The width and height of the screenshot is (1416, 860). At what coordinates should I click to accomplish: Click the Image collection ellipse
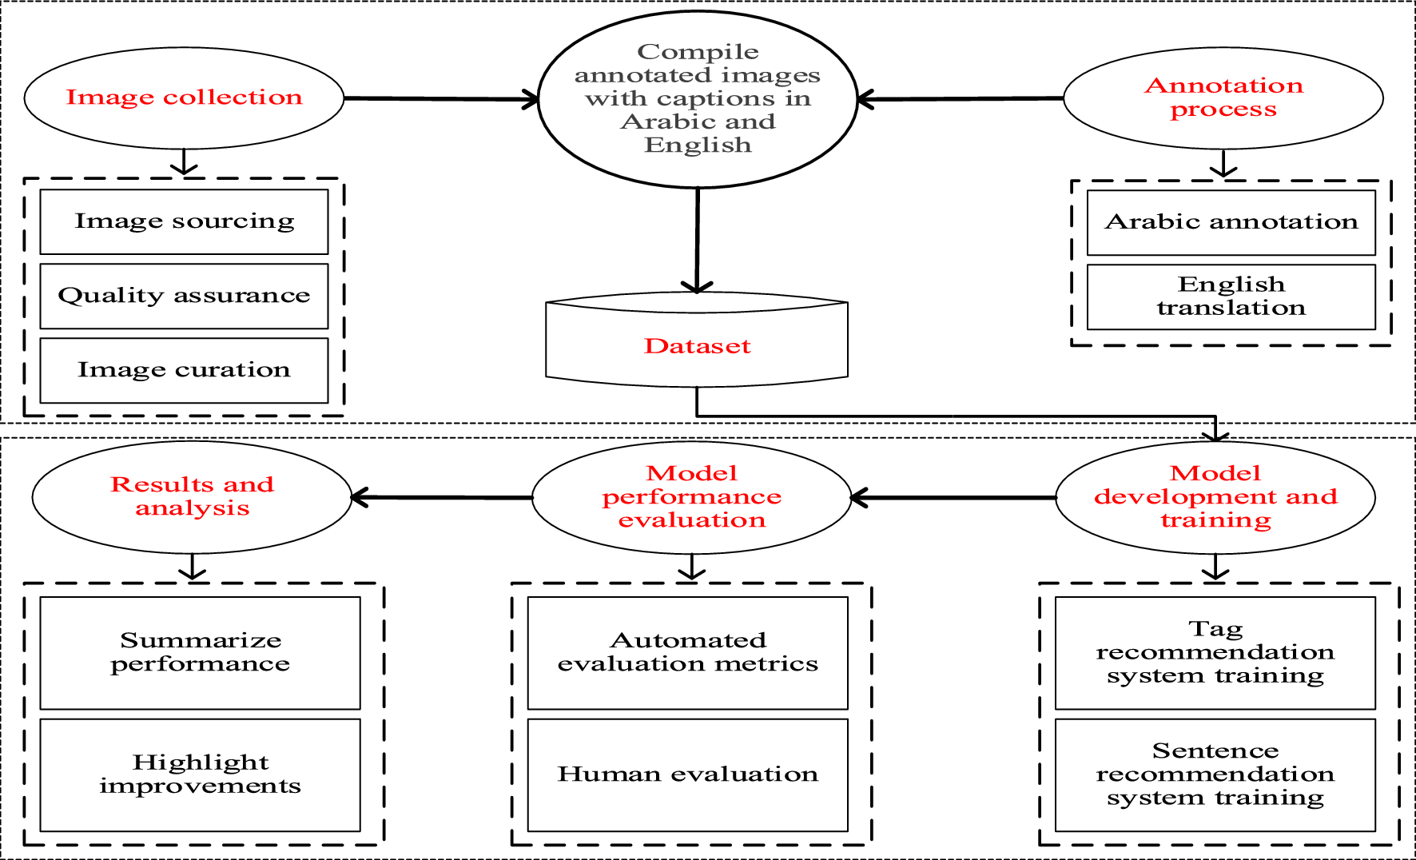tap(184, 98)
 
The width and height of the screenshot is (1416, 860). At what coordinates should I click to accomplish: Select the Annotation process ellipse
tap(1223, 98)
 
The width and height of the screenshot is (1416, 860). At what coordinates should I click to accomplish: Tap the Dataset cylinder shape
tap(697, 345)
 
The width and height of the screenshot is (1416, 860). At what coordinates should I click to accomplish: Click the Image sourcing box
tap(184, 221)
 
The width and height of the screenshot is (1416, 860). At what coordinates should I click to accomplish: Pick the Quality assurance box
tap(184, 296)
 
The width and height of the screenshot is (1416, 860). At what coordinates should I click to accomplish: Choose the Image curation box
tap(184, 370)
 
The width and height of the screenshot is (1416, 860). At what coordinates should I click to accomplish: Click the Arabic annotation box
tap(1231, 222)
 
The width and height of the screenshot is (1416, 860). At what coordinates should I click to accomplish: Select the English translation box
tap(1231, 297)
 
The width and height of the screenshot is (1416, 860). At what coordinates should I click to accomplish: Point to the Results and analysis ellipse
tap(192, 496)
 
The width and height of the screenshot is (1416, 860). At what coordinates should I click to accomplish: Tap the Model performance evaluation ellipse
tap(691, 497)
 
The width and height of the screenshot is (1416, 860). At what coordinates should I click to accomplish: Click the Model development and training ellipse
tap(1215, 497)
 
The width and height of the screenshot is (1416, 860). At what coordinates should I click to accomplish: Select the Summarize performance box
tap(200, 652)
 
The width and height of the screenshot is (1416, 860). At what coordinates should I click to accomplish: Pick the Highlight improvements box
tap(200, 774)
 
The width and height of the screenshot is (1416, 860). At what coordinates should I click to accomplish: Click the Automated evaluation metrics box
tap(687, 652)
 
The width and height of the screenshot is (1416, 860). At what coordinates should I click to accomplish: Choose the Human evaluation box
tap(687, 774)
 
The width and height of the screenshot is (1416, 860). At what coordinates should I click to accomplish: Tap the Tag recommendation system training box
tap(1215, 652)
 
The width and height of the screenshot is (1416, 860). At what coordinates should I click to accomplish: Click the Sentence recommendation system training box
tap(1215, 774)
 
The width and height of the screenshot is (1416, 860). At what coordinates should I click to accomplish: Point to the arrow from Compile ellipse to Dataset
tap(698, 240)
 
